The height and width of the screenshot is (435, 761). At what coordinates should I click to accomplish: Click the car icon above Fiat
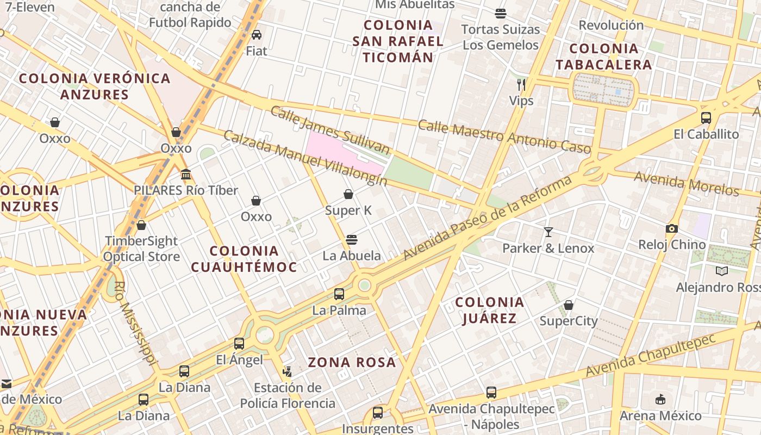point(257,35)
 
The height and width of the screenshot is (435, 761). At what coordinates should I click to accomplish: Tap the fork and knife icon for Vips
point(521,84)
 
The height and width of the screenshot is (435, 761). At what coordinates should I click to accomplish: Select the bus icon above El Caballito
point(706,117)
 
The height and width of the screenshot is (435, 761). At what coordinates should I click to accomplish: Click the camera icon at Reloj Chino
point(672,228)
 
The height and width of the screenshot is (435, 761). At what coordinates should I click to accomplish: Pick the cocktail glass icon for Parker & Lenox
point(548,232)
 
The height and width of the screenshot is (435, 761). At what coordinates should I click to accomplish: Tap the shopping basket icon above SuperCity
point(569,305)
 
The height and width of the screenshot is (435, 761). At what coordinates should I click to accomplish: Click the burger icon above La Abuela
point(352,239)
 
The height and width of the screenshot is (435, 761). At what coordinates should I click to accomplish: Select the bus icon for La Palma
point(339,294)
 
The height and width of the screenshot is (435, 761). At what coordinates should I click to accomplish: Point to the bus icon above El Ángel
point(239,343)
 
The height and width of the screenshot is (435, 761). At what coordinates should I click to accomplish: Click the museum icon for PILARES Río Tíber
point(186,174)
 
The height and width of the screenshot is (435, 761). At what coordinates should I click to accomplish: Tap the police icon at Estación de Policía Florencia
point(287,372)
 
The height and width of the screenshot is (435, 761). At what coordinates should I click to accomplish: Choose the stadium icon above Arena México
point(660,400)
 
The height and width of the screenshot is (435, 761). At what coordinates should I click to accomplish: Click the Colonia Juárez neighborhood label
point(489,310)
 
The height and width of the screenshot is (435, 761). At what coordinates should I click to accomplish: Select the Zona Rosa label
point(352,362)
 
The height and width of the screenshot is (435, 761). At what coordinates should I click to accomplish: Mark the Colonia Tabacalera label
point(603,57)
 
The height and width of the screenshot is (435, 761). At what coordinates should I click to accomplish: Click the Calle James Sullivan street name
point(330,130)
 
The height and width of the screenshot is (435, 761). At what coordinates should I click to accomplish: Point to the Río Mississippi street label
point(136,324)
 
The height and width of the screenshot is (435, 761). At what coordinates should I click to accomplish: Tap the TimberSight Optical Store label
point(141,248)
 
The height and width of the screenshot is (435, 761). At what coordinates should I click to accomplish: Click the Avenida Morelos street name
point(687,184)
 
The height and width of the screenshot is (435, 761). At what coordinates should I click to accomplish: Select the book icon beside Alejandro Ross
point(722,271)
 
